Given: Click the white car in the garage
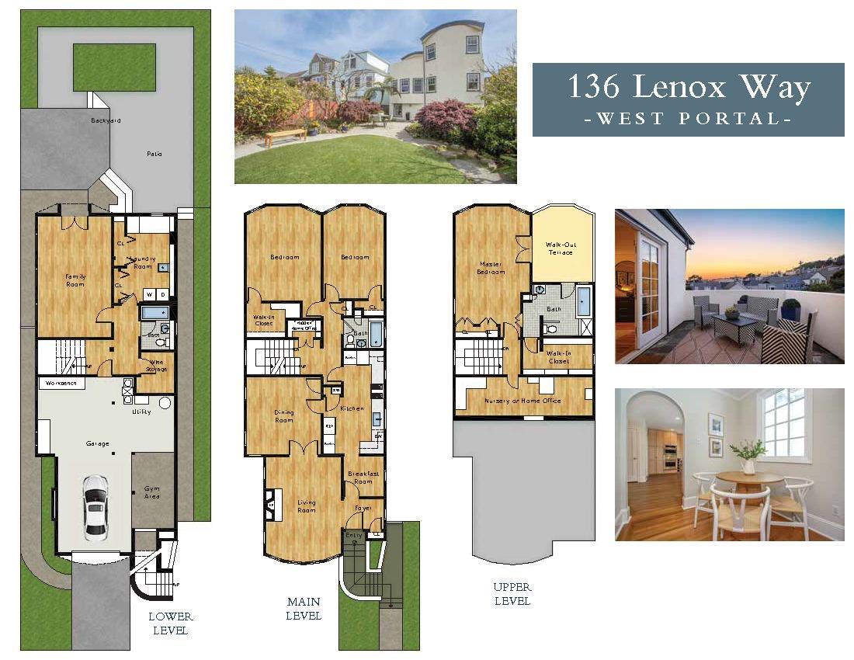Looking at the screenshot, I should click(95, 505).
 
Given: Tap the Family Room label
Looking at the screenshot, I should click(75, 280).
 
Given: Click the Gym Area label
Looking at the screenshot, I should click(152, 492).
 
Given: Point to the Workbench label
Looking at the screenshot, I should click(61, 384).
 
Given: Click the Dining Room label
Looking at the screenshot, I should click(284, 416).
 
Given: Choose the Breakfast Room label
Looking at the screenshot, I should click(363, 477).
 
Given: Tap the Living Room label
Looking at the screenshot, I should click(307, 506).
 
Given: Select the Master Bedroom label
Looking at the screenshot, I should click(491, 268).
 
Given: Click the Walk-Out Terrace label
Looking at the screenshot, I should click(561, 248).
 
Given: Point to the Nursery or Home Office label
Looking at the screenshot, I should click(522, 400).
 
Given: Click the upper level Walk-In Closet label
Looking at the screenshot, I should click(558, 357).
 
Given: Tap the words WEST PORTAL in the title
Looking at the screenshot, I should click(688, 119).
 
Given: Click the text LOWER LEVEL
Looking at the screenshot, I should click(170, 623).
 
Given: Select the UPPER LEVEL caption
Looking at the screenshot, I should click(512, 594).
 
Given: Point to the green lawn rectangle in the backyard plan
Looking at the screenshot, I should click(115, 68).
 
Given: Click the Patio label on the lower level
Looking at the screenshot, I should click(154, 154).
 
